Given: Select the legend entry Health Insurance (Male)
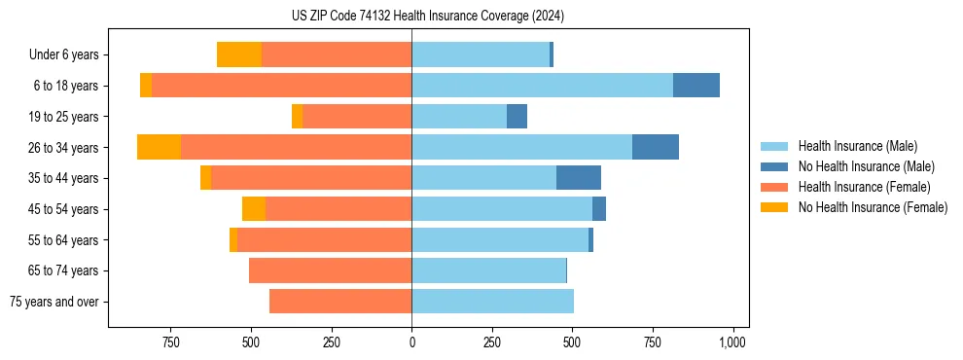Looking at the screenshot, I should [856, 146].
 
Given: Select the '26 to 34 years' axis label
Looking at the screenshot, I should [63, 148].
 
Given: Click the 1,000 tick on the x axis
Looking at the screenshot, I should [732, 342].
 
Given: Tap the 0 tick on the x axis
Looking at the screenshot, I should [411, 342].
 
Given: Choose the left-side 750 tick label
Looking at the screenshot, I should [171, 342].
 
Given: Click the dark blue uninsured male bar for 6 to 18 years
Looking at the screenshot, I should [696, 86].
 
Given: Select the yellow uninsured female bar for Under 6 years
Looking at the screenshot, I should [239, 54].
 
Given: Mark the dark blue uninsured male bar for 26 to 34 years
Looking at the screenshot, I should [656, 147].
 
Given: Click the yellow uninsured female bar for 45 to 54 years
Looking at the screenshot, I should [254, 209].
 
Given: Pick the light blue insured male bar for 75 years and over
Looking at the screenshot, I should [492, 302].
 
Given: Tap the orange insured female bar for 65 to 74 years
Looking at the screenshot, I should [331, 270].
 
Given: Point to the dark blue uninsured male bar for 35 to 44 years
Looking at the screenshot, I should [579, 178].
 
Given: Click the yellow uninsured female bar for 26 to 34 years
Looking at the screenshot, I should [160, 147].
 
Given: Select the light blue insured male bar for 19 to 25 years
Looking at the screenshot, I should [459, 117].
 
